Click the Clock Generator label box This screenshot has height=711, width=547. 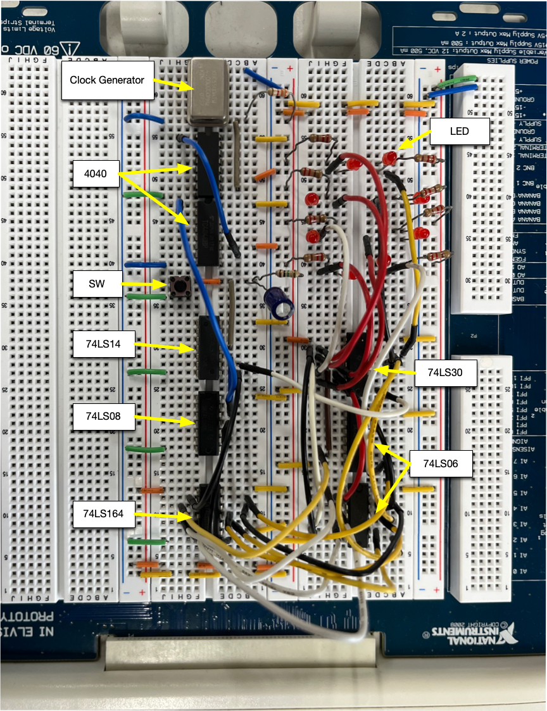click(107, 80)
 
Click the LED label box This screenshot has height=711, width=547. click(460, 132)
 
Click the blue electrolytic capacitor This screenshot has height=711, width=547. click(279, 302)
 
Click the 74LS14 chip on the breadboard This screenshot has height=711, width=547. click(208, 347)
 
